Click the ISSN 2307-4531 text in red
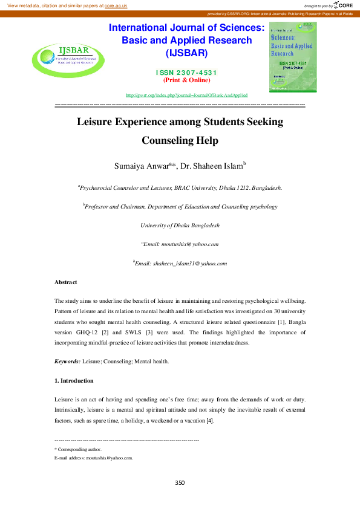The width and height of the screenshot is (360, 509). (186, 73)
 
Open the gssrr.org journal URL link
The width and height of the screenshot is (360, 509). (186, 96)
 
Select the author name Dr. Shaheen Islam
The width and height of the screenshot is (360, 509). (211, 166)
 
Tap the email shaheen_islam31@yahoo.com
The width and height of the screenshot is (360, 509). (181, 264)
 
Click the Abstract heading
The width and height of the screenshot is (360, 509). (66, 282)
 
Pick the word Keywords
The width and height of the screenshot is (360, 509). (67, 361)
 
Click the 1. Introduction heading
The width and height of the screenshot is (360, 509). (74, 381)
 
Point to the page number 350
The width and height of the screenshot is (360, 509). (180, 482)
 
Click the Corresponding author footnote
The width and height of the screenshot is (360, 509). (78, 449)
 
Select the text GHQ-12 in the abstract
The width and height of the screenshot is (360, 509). (141, 332)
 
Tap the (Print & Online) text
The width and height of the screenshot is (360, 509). (186, 80)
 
